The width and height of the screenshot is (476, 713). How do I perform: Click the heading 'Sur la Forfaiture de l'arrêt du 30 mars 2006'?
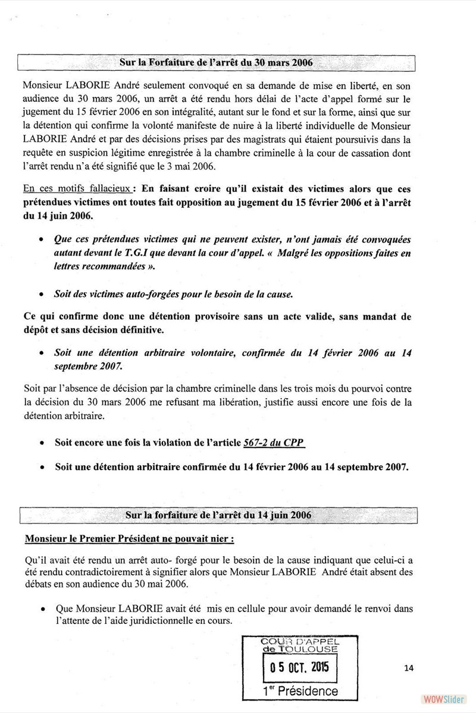click(217, 62)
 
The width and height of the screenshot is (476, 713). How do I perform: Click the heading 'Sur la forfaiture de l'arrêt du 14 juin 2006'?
click(218, 515)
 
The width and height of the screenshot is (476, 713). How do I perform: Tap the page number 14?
click(408, 668)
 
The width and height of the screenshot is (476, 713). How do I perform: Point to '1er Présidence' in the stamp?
click(300, 690)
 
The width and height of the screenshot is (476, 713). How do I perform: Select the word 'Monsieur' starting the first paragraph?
click(46, 84)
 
